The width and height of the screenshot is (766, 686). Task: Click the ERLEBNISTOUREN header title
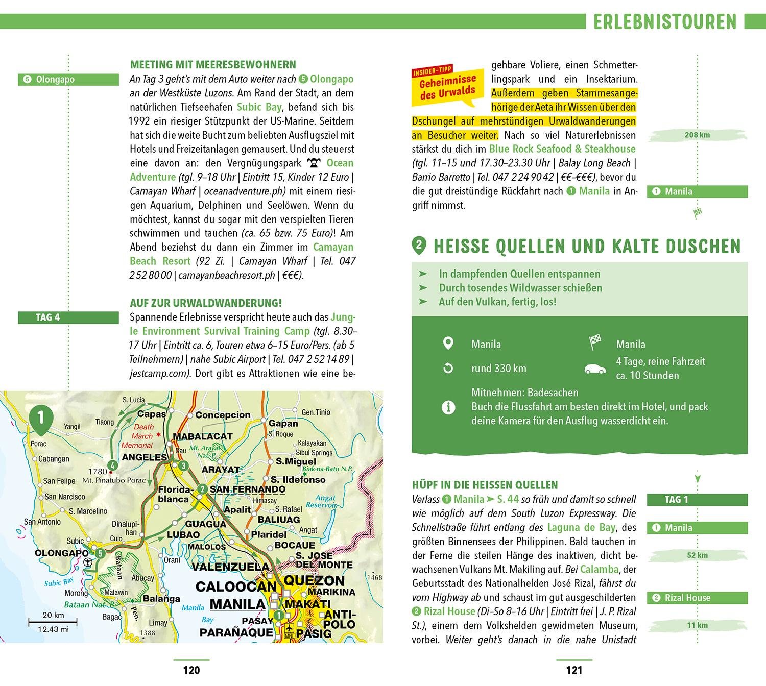tap(665, 22)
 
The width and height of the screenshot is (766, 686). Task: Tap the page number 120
tap(192, 670)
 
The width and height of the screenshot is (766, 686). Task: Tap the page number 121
tap(574, 670)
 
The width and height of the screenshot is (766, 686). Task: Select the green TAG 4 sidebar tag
tap(47, 317)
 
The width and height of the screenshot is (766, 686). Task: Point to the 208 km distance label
tap(697, 135)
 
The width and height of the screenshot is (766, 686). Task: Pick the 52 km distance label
tap(697, 555)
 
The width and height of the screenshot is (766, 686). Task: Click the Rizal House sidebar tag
tap(697, 598)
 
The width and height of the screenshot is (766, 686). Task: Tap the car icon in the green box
tap(595, 369)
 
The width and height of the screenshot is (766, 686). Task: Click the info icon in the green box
tap(448, 407)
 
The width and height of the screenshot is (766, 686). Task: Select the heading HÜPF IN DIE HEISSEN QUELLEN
tap(485, 485)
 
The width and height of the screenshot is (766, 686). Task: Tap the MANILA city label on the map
tap(237, 604)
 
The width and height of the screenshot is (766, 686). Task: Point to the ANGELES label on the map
tap(145, 457)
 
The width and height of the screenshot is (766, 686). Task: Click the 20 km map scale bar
tap(53, 622)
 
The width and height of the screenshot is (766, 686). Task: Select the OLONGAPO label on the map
tap(62, 553)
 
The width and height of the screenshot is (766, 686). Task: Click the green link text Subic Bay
tap(259, 107)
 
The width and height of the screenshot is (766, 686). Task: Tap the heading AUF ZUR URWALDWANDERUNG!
tap(206, 303)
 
